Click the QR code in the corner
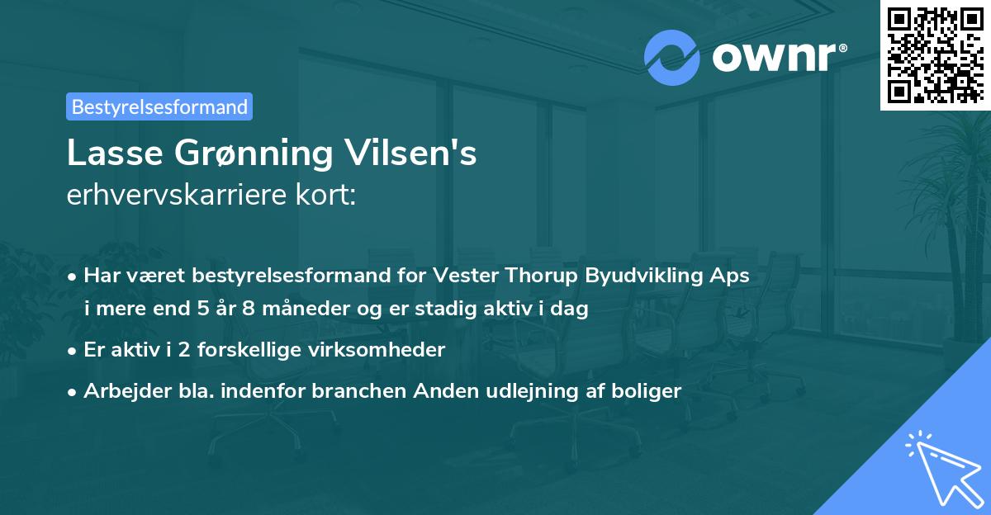[x=936, y=54]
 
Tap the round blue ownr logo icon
[x=671, y=58]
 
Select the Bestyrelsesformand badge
[x=159, y=106]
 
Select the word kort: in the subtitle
[x=330, y=196]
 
